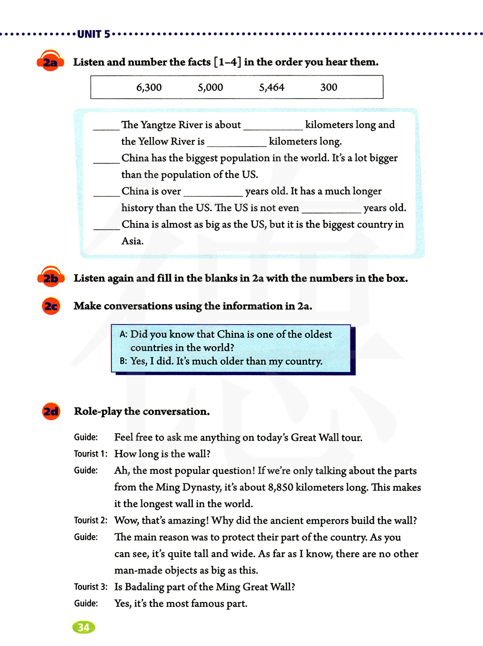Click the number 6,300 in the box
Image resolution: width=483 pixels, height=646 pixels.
[149, 88]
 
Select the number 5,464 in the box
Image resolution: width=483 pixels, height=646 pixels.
[271, 88]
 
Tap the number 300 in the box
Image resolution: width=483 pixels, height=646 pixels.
[328, 88]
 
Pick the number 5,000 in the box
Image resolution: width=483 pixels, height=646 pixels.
[210, 88]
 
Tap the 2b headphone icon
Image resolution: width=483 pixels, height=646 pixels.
[51, 278]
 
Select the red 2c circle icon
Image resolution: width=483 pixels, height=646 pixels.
[51, 306]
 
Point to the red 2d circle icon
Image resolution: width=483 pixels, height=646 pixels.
[51, 411]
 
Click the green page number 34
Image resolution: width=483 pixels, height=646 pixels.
[84, 627]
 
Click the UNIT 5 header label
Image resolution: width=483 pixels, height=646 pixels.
[94, 34]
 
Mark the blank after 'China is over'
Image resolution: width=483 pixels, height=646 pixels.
[213, 193]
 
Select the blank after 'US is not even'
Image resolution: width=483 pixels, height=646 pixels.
[331, 209]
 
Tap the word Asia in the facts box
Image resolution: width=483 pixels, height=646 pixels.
[132, 241]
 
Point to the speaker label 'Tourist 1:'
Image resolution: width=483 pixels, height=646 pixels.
[90, 454]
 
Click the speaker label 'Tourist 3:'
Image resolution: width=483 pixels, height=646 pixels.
[90, 587]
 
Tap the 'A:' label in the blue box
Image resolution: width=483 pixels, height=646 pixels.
[124, 334]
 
